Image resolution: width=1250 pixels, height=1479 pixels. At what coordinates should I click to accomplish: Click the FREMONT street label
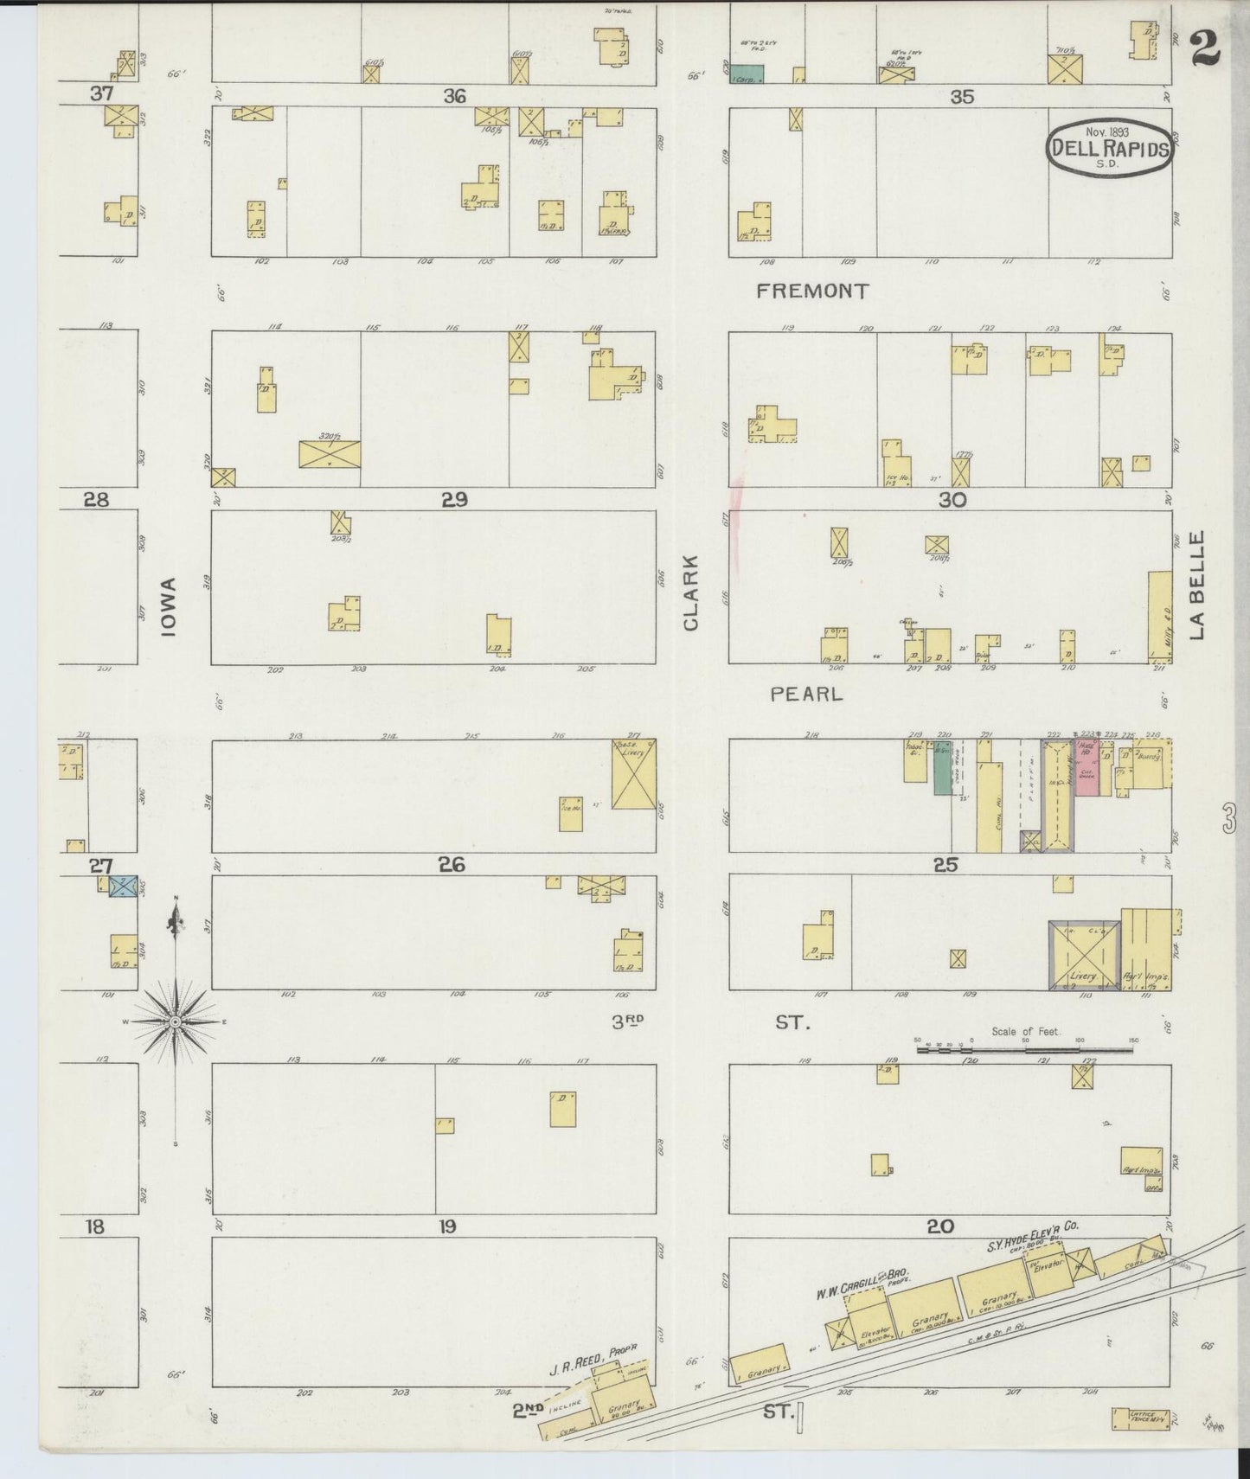(811, 291)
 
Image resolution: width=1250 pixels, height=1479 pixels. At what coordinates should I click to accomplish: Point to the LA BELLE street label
(1196, 586)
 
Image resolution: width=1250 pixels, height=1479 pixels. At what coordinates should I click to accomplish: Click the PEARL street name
(805, 694)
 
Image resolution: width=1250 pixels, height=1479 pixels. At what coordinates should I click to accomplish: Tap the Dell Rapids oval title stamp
(1109, 149)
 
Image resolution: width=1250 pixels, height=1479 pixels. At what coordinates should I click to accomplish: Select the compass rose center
(176, 1021)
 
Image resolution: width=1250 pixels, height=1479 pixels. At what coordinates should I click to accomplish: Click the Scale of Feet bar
(1025, 1050)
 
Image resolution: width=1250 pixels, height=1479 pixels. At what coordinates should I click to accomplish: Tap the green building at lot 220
(942, 767)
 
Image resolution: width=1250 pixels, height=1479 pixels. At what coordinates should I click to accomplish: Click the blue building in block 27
(123, 885)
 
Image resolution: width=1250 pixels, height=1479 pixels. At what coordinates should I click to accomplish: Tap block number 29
(455, 499)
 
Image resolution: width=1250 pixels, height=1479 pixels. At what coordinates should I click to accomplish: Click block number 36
(455, 96)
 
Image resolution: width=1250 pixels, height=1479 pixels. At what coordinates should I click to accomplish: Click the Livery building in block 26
(633, 773)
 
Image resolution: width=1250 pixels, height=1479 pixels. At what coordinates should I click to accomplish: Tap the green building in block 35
(746, 74)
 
